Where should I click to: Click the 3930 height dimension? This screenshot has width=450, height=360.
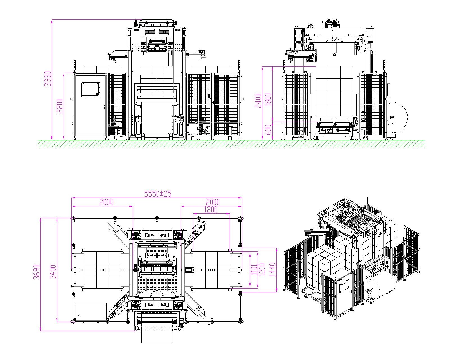tap(48, 79)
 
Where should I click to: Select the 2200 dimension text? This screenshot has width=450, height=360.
tap(60, 106)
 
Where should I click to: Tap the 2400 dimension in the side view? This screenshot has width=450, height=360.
tap(258, 101)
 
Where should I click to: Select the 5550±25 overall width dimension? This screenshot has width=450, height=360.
tap(158, 194)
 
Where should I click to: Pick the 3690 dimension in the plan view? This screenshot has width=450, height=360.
tap(37, 272)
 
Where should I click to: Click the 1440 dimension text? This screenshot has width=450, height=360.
tap(273, 269)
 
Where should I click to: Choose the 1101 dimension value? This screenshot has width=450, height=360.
tap(254, 270)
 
